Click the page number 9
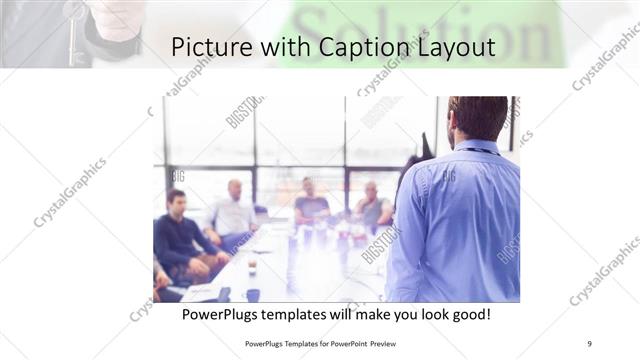click(590, 343)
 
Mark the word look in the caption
click(427, 315)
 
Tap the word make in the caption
click(385, 315)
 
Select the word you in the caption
click(404, 315)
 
